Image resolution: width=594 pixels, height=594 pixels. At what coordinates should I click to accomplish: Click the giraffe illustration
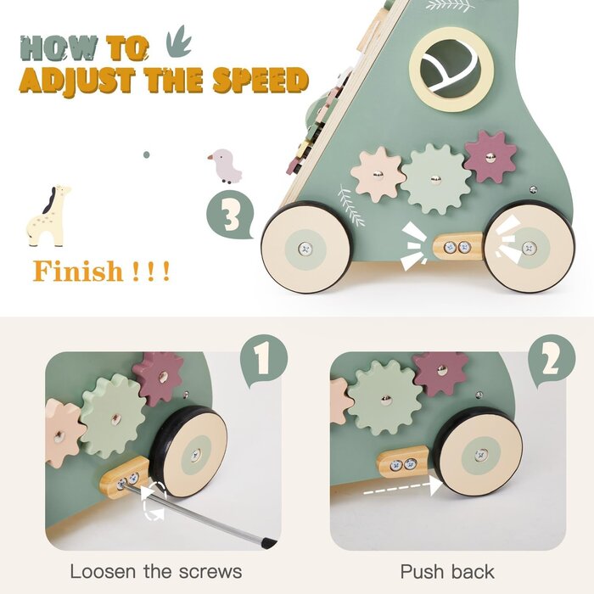point(48,216)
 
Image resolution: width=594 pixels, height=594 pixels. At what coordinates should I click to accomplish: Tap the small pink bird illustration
point(226,166)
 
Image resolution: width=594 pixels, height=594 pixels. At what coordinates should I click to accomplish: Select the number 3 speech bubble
point(230,216)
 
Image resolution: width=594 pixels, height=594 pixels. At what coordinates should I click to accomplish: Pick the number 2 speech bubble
point(552,361)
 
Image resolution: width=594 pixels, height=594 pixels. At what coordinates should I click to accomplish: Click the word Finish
point(78,272)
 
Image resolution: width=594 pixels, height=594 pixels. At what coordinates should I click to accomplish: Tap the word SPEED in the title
point(261,81)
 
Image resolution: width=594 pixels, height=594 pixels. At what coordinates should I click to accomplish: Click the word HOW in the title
point(59,48)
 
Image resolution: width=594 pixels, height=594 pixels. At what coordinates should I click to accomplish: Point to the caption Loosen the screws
point(155,572)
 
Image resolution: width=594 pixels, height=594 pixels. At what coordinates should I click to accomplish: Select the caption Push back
point(447,572)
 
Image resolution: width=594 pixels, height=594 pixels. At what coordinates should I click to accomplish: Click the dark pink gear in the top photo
point(490,157)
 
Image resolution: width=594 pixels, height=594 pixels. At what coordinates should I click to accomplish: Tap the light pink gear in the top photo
point(378,175)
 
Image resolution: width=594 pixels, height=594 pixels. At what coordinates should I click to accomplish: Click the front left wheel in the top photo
point(305,248)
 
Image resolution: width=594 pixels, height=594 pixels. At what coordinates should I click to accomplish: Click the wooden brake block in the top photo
point(457,247)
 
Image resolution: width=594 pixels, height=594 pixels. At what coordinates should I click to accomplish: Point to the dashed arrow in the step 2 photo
point(403,488)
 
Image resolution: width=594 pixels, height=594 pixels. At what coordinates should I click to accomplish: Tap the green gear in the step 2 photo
point(385,398)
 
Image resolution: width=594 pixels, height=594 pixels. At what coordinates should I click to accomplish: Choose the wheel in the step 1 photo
point(189,452)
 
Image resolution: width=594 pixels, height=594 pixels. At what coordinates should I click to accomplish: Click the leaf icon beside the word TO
point(179,42)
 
